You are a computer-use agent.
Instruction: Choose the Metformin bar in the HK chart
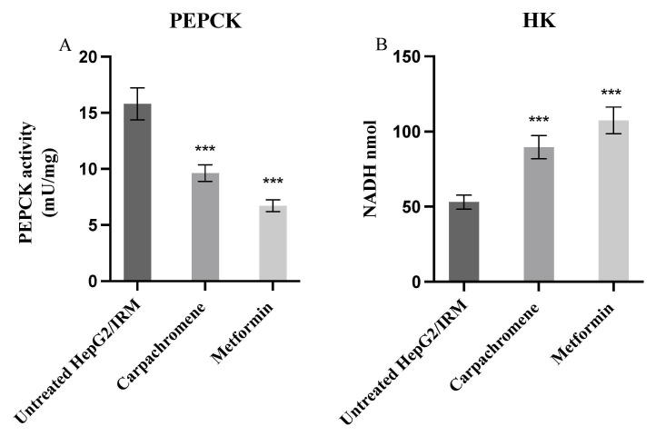tap(606, 201)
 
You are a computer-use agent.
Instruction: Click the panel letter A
tap(65, 46)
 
